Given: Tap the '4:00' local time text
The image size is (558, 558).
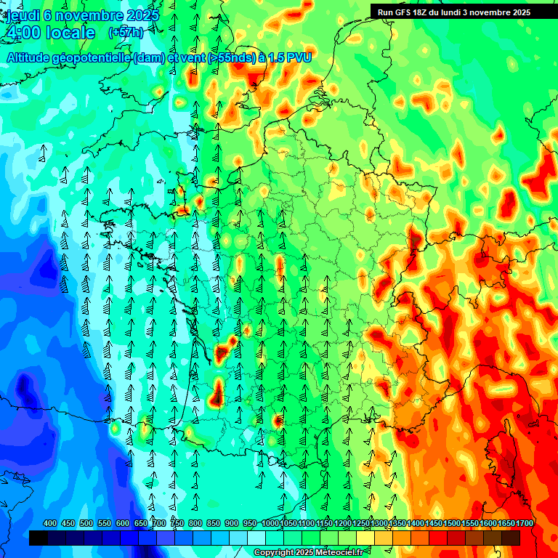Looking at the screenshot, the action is coord(23,33).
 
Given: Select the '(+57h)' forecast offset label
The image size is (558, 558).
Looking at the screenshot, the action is coord(125,33).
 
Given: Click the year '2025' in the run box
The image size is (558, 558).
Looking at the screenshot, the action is coord(519,12).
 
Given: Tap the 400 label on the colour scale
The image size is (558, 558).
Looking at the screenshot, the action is coord(50,524).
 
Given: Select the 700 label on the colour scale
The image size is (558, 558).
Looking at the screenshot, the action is coord(159,524).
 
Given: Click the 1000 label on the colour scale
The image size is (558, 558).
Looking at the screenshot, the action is coord(270,524).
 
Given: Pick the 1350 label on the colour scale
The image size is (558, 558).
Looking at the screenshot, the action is coord(397,524).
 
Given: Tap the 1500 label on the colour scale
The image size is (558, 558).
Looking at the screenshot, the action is coord(452,524).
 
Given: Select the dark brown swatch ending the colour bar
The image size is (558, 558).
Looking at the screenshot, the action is coord(511,538).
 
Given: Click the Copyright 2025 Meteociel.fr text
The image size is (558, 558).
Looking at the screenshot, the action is coord(309,553).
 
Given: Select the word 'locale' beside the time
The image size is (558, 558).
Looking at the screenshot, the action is coord(70,33).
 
